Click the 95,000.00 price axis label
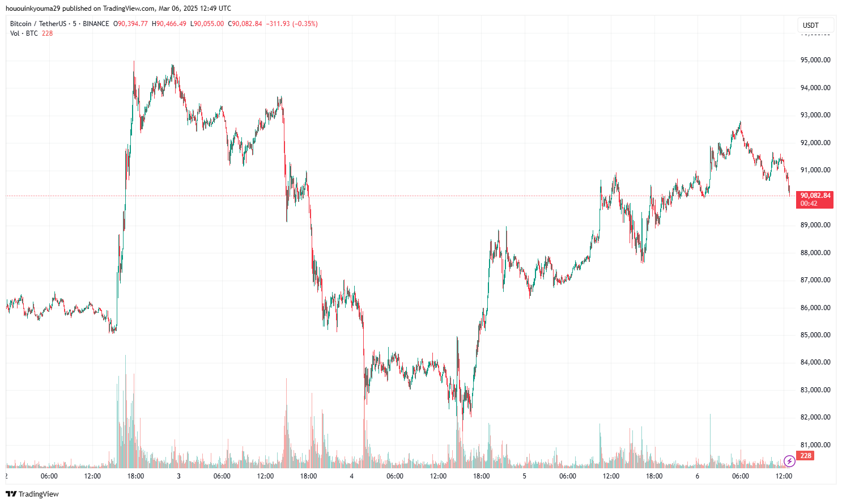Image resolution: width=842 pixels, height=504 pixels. (x=815, y=60)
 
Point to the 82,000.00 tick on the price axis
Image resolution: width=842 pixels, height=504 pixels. (x=815, y=417)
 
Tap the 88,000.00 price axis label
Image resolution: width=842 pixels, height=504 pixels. (x=815, y=253)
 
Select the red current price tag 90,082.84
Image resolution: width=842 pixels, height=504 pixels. (x=815, y=196)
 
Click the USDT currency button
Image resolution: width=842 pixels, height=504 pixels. (x=811, y=25)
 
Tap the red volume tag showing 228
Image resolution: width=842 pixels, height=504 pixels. (x=805, y=456)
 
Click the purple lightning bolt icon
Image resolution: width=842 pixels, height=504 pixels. (x=789, y=461)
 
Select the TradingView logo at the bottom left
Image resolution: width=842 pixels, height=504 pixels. (x=32, y=494)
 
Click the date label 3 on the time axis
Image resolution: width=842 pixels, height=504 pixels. (x=178, y=476)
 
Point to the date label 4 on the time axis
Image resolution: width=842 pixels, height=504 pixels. (x=352, y=476)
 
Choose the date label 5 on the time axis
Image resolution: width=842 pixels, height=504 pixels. (x=525, y=476)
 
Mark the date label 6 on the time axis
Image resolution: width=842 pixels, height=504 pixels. (x=698, y=476)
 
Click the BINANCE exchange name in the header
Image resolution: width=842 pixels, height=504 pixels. (x=96, y=24)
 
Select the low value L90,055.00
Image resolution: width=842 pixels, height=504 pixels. (x=207, y=24)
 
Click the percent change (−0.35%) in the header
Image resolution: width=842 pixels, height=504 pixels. (x=305, y=24)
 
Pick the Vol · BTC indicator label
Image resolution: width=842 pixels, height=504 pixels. (x=24, y=33)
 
